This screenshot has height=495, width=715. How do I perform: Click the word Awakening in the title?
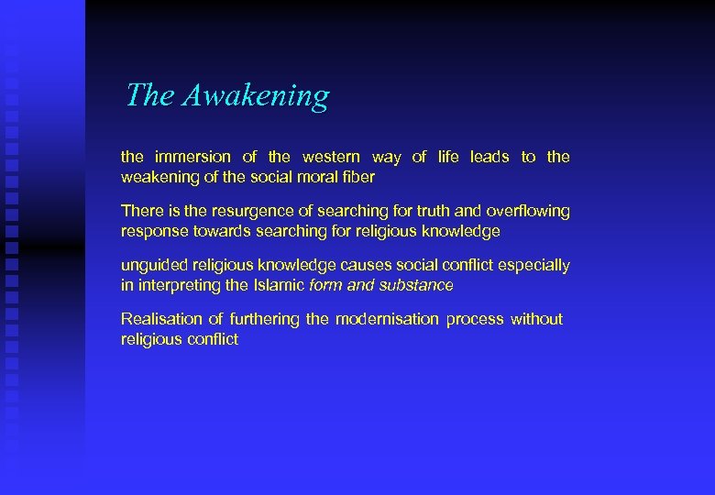tap(255, 95)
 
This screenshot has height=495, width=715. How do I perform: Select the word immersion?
tap(193, 157)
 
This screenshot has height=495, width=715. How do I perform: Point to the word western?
tap(332, 157)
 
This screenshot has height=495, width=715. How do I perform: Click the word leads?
tap(489, 157)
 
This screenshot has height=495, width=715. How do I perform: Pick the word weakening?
tap(157, 177)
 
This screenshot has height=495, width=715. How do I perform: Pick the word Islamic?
tap(279, 285)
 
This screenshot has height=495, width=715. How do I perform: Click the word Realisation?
tap(161, 319)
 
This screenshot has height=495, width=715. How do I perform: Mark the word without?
tap(536, 319)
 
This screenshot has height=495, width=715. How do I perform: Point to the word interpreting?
tap(178, 285)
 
